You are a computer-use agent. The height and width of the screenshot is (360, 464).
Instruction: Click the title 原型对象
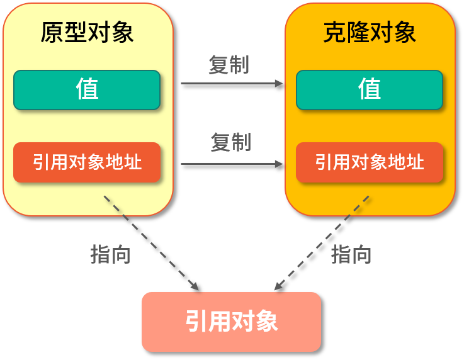click(x=87, y=33)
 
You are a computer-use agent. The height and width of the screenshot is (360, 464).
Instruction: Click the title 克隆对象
click(x=370, y=33)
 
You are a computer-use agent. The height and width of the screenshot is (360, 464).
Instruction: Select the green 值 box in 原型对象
click(x=87, y=90)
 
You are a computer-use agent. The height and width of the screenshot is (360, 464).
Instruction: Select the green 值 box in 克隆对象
click(x=370, y=90)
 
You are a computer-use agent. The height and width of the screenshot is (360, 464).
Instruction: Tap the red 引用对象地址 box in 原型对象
click(x=87, y=162)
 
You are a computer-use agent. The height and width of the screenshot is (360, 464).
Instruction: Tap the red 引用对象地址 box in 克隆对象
click(x=370, y=162)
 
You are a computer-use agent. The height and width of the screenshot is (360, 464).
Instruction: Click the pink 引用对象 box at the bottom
click(x=232, y=322)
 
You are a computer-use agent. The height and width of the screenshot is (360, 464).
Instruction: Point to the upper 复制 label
click(x=229, y=64)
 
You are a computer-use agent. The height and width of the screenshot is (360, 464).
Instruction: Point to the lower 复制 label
click(x=231, y=142)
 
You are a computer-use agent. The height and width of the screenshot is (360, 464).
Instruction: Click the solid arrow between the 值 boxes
click(x=232, y=84)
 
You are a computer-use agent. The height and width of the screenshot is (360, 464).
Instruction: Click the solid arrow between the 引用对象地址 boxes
click(x=232, y=164)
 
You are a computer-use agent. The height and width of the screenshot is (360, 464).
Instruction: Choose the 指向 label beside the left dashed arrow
click(x=110, y=254)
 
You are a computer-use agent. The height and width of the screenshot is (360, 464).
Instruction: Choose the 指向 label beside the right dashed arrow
click(x=351, y=254)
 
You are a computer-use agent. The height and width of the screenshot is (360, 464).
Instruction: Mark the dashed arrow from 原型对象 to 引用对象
click(x=152, y=243)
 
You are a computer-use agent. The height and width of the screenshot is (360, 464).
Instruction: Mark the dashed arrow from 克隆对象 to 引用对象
click(x=322, y=243)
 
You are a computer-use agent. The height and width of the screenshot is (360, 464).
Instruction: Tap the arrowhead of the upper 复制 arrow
click(x=279, y=84)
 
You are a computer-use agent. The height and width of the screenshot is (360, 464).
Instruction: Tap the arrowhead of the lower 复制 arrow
click(x=279, y=164)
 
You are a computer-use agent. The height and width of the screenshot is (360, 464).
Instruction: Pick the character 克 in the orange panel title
click(x=334, y=33)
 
